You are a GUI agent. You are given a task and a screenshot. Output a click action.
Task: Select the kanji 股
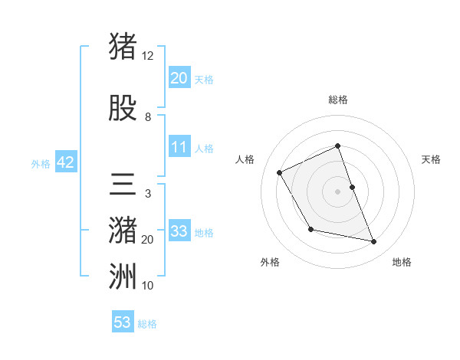[123, 110]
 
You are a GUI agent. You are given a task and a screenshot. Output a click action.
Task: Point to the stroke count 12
[148, 56]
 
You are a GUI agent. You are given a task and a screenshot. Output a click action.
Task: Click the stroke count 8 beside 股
[148, 117]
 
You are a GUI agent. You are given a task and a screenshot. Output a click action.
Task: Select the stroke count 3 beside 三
[147, 194]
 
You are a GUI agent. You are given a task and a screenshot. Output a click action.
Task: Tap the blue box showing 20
[179, 77]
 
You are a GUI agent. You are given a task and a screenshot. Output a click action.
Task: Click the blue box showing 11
[179, 146]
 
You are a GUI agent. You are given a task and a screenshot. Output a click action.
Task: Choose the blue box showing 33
[179, 231]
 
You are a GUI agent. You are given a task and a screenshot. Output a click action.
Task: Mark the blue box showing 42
[65, 162]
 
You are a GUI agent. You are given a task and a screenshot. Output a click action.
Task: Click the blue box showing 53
[123, 322]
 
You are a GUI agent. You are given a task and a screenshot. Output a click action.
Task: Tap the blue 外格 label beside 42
[41, 163]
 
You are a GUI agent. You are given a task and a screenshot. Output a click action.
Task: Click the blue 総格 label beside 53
[147, 324]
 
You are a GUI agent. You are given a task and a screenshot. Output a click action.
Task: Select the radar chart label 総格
[337, 100]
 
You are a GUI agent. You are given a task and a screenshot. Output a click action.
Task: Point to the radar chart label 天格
[431, 159]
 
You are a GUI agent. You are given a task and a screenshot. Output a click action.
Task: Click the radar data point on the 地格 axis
[374, 242]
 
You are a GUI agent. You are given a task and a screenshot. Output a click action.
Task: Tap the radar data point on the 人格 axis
[280, 172]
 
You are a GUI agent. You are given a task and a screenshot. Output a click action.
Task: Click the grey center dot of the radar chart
[337, 191]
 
